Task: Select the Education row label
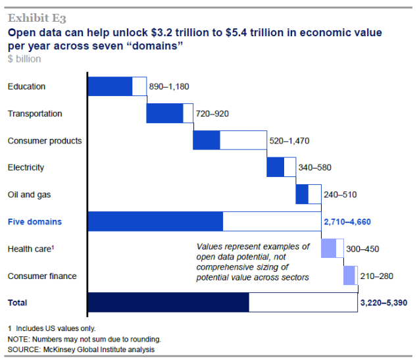(26, 86)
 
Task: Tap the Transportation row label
(35, 113)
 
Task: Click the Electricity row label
(26, 167)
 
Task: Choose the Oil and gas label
(29, 194)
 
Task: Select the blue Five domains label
(34, 222)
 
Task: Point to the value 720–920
(212, 114)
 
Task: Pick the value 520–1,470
(289, 141)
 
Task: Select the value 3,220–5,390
(383, 303)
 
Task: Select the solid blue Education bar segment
(110, 86)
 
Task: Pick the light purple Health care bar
(328, 249)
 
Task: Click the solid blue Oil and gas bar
(302, 194)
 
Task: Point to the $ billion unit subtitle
(24, 59)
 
